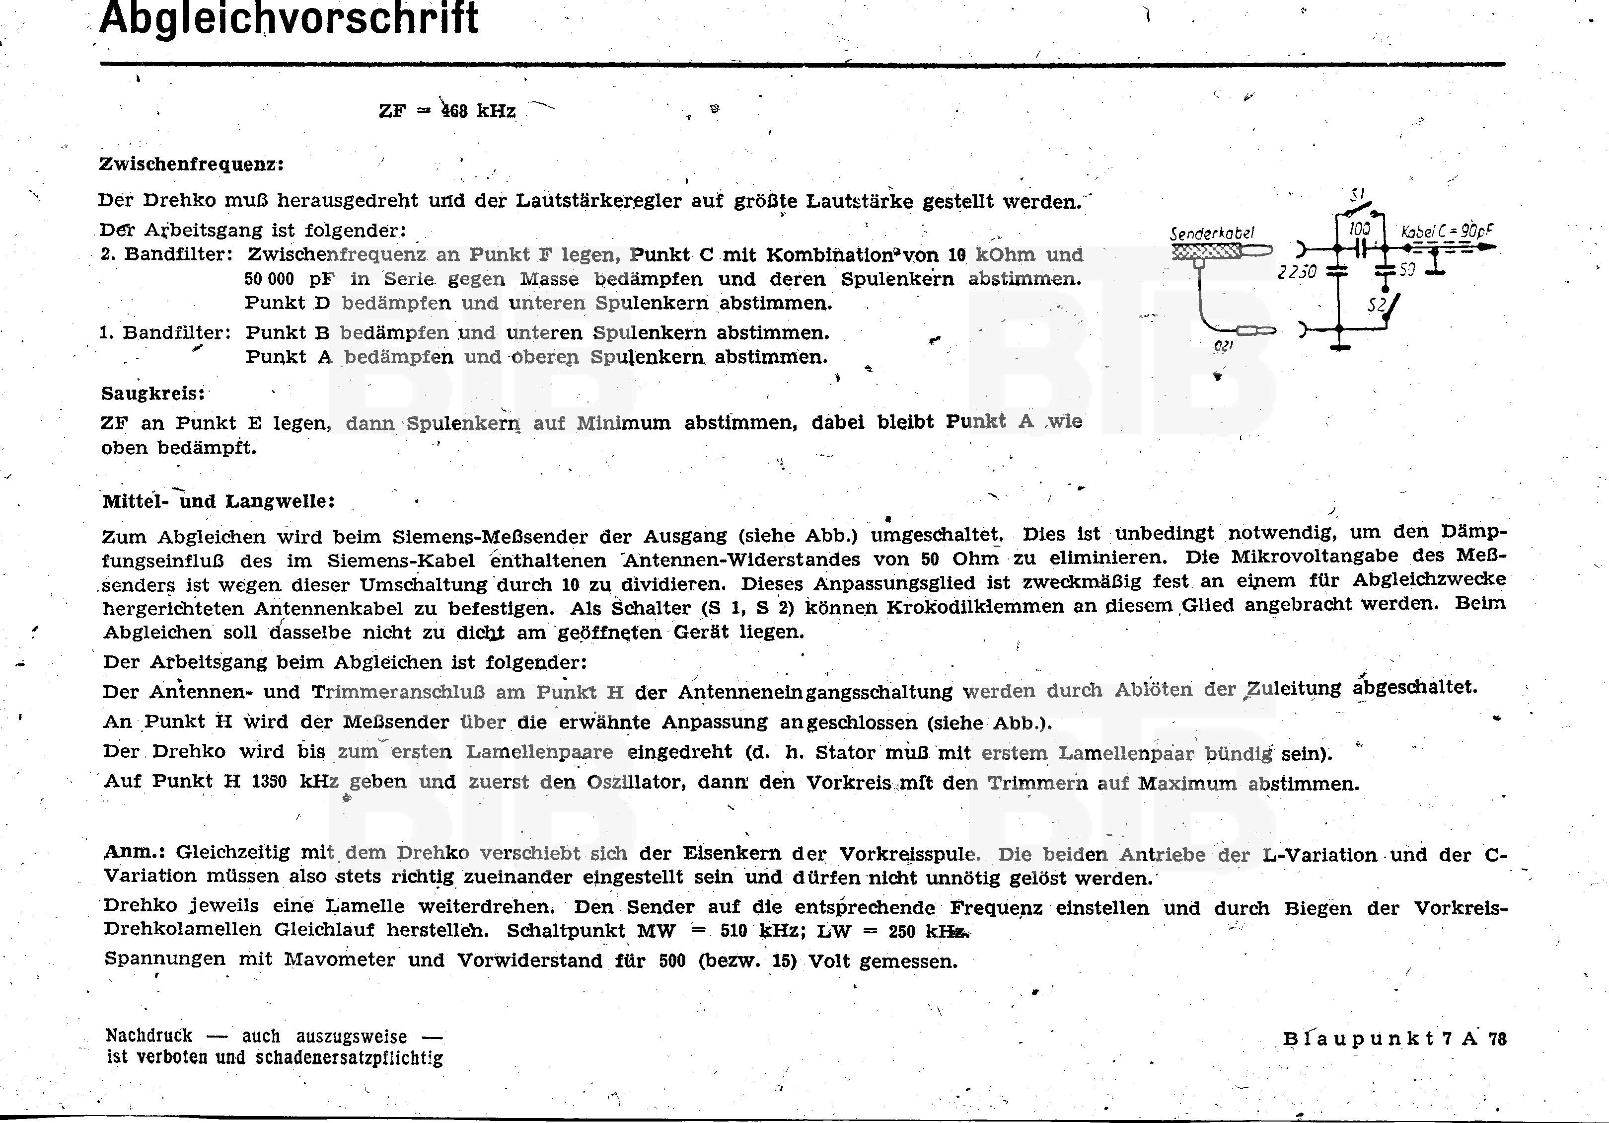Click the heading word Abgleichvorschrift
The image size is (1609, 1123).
click(x=289, y=18)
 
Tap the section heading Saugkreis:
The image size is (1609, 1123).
click(x=153, y=393)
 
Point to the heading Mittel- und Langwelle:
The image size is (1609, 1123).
click(x=219, y=501)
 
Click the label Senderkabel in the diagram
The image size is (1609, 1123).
click(x=1212, y=234)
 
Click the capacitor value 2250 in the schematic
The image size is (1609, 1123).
click(x=1297, y=271)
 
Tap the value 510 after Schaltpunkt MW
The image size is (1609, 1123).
click(x=733, y=932)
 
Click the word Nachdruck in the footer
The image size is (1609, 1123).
click(x=148, y=1036)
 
